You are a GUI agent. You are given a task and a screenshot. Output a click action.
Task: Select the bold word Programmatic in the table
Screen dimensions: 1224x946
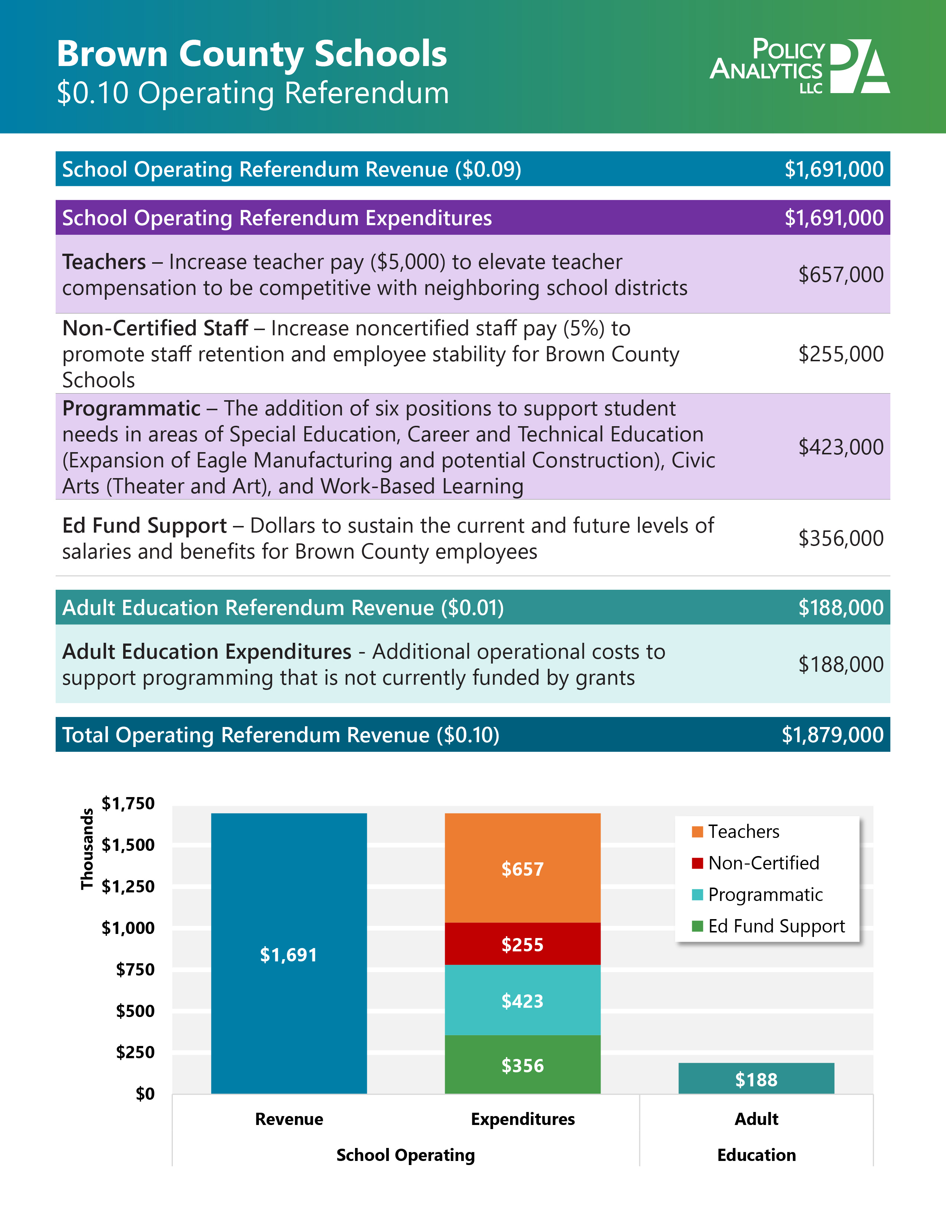coord(131,409)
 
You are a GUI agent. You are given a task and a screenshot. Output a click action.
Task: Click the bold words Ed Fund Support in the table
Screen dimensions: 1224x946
coord(145,526)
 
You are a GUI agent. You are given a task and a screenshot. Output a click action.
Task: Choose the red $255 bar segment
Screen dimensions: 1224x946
coord(522,944)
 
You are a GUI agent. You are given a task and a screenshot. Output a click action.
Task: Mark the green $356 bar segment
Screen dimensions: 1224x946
coord(522,1065)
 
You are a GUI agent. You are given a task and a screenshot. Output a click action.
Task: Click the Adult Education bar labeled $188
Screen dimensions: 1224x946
coord(756,1079)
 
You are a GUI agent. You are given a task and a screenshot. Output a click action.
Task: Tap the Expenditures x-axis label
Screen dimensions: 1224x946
coord(522,1119)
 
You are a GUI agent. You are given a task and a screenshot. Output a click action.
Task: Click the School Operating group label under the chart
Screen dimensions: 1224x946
coord(405,1155)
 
